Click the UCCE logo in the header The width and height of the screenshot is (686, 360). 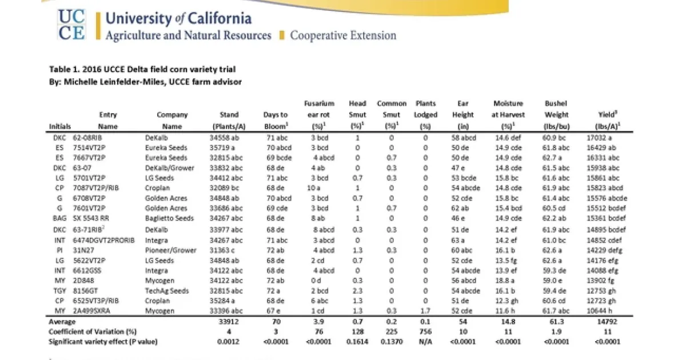(71, 25)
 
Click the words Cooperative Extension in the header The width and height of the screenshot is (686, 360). (343, 35)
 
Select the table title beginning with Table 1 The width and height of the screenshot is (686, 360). (142, 70)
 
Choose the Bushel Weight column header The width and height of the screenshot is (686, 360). (556, 115)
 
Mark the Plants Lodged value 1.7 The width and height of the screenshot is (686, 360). (425, 310)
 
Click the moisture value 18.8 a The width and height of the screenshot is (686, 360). (508, 281)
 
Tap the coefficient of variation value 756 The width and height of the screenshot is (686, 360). (425, 332)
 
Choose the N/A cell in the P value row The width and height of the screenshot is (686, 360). (425, 342)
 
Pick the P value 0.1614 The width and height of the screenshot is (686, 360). (357, 342)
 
